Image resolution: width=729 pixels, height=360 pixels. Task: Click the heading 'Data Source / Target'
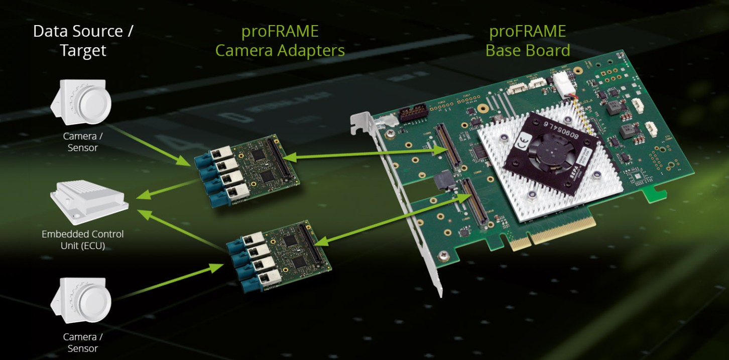point(83,41)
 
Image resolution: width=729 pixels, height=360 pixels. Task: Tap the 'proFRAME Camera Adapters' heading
point(280,41)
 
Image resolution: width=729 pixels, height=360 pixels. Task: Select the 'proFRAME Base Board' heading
point(528,41)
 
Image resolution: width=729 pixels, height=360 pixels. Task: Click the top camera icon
point(81,102)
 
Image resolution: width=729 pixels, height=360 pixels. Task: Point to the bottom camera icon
point(81,300)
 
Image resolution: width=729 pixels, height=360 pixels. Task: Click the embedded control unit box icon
point(89,202)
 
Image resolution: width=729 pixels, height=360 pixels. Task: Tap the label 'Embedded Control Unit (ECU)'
point(83,239)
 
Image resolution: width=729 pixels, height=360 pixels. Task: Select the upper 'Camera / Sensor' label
point(83,142)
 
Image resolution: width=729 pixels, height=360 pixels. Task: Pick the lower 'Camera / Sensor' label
point(83,342)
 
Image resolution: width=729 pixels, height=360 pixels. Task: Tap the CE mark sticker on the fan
point(524,141)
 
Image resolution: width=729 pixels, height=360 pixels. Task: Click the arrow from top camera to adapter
point(150,145)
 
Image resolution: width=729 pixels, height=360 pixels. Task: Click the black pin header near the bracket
point(413,112)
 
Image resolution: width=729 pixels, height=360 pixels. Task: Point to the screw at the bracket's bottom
point(443,256)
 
